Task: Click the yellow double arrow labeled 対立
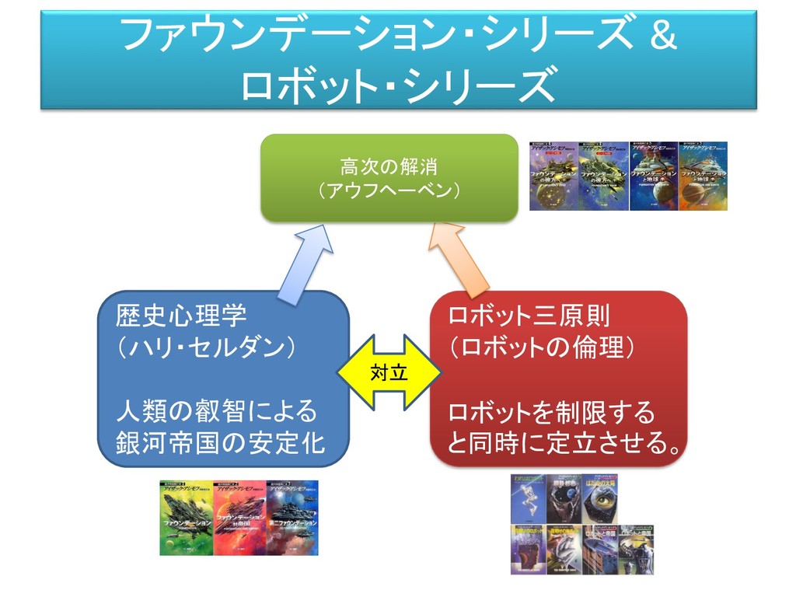click(389, 372)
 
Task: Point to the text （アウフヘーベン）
click(389, 190)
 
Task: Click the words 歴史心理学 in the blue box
click(181, 316)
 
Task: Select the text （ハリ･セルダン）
click(205, 347)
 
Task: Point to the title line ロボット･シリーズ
click(398, 84)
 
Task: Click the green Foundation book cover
click(186, 518)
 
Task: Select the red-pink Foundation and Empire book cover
click(239, 518)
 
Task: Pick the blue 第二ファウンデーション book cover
click(292, 518)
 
